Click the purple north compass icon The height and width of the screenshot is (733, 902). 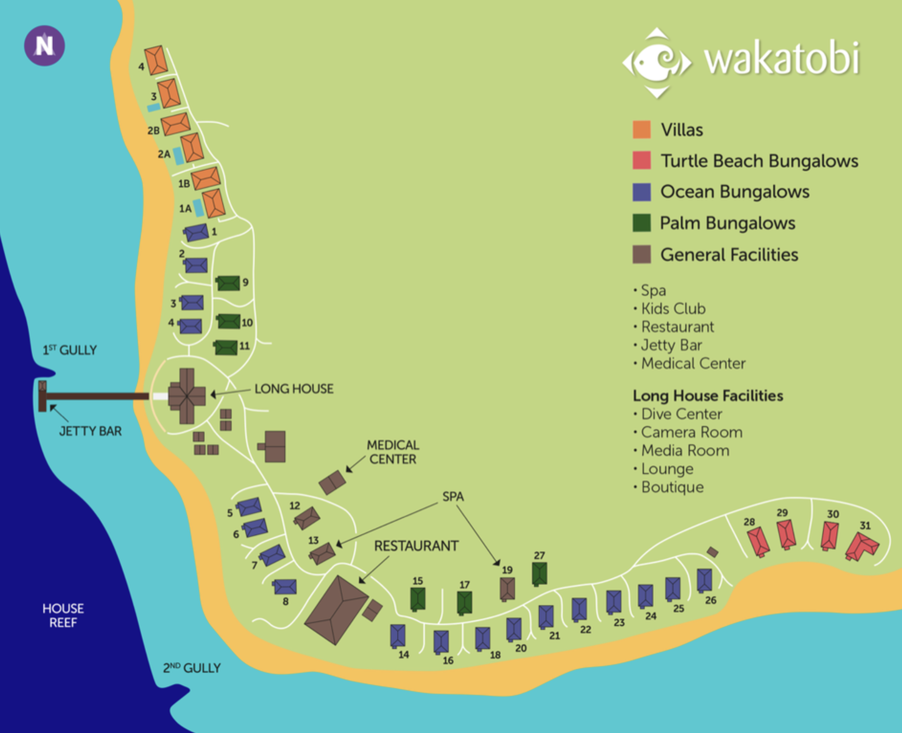(x=44, y=45)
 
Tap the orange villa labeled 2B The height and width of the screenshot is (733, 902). (x=176, y=124)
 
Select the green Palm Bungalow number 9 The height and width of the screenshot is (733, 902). (x=228, y=283)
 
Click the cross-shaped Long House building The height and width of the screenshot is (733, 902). (x=187, y=395)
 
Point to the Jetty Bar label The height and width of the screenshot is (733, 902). (x=90, y=431)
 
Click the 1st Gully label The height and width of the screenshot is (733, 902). (x=70, y=350)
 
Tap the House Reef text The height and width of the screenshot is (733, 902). (x=63, y=615)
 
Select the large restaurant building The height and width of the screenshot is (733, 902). (x=336, y=610)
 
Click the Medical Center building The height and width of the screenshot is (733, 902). (x=332, y=482)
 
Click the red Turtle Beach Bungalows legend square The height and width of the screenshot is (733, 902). (x=642, y=160)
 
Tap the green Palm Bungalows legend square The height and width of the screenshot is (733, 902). (x=642, y=223)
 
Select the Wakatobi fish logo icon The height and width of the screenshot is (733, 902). (x=657, y=63)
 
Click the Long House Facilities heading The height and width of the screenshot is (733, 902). (x=708, y=395)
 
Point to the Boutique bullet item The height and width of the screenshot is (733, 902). (x=672, y=487)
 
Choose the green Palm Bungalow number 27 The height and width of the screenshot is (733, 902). (x=539, y=573)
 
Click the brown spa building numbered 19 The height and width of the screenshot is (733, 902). (x=507, y=589)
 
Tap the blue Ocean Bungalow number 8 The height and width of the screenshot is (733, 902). (x=285, y=586)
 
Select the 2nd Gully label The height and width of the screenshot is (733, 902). (x=192, y=668)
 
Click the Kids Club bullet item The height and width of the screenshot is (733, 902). (x=673, y=309)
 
